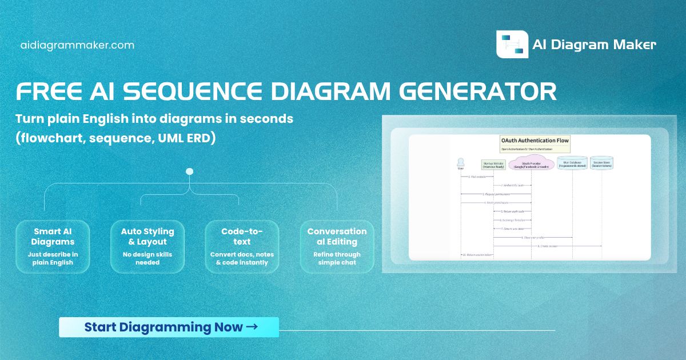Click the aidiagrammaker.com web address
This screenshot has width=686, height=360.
77,45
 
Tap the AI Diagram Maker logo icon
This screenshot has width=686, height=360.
512,45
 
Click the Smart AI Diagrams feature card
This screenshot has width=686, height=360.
52,246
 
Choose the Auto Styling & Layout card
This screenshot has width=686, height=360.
147,246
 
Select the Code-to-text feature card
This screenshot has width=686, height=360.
242,246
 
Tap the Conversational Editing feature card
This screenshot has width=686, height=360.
337,246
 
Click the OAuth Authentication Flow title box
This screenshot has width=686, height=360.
527,143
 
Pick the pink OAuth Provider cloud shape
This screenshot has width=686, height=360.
531,164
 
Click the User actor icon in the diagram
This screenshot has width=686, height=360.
461,163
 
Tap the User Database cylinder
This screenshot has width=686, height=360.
572,164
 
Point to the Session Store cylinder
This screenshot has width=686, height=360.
601,164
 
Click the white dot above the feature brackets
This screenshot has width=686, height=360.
190,171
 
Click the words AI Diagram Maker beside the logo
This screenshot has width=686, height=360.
594,45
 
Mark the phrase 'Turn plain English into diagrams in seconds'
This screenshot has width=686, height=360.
154,119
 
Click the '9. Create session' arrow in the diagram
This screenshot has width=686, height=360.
547,246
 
